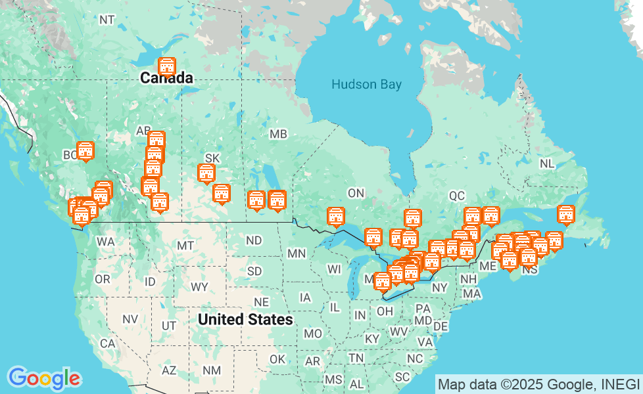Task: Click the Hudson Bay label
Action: point(366,84)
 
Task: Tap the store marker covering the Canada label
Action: point(167,67)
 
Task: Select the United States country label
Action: point(245,320)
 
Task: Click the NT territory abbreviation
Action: point(107,20)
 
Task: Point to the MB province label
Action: point(278,134)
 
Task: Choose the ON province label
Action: point(356,193)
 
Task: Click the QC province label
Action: point(457,196)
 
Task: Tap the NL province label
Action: point(546,164)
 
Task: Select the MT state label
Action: point(185,246)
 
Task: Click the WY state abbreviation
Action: point(199,287)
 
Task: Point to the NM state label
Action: point(212,370)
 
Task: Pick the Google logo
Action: point(44,378)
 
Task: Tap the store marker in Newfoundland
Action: point(565,214)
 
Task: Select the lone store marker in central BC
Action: point(85,151)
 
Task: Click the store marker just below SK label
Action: point(206,173)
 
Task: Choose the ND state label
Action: point(254,240)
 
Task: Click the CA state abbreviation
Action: point(108,343)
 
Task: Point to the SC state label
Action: point(402,376)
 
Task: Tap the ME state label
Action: point(488,266)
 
